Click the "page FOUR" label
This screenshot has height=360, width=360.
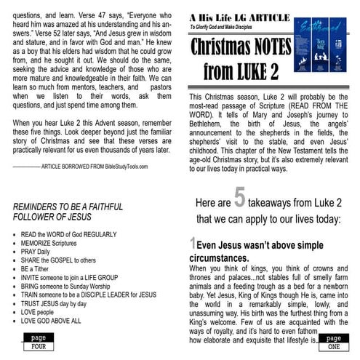(x=34, y=340)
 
